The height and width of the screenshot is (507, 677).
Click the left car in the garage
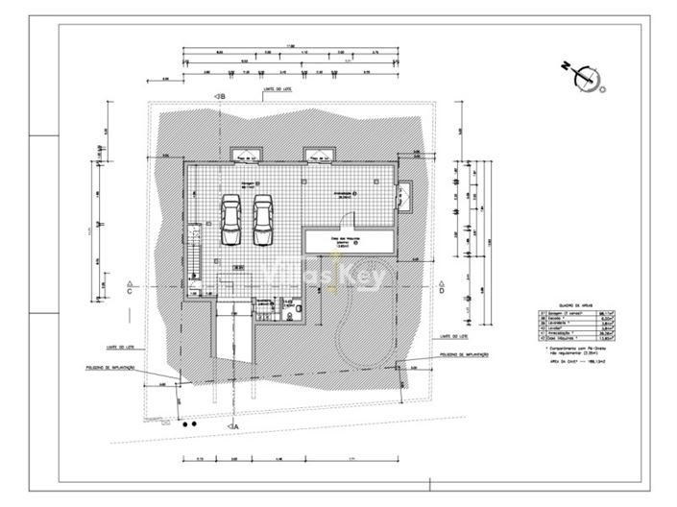click(231, 220)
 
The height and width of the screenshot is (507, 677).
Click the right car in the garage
click(262, 220)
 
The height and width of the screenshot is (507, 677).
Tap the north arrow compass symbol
click(586, 76)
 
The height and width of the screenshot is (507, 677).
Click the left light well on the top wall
click(247, 156)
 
